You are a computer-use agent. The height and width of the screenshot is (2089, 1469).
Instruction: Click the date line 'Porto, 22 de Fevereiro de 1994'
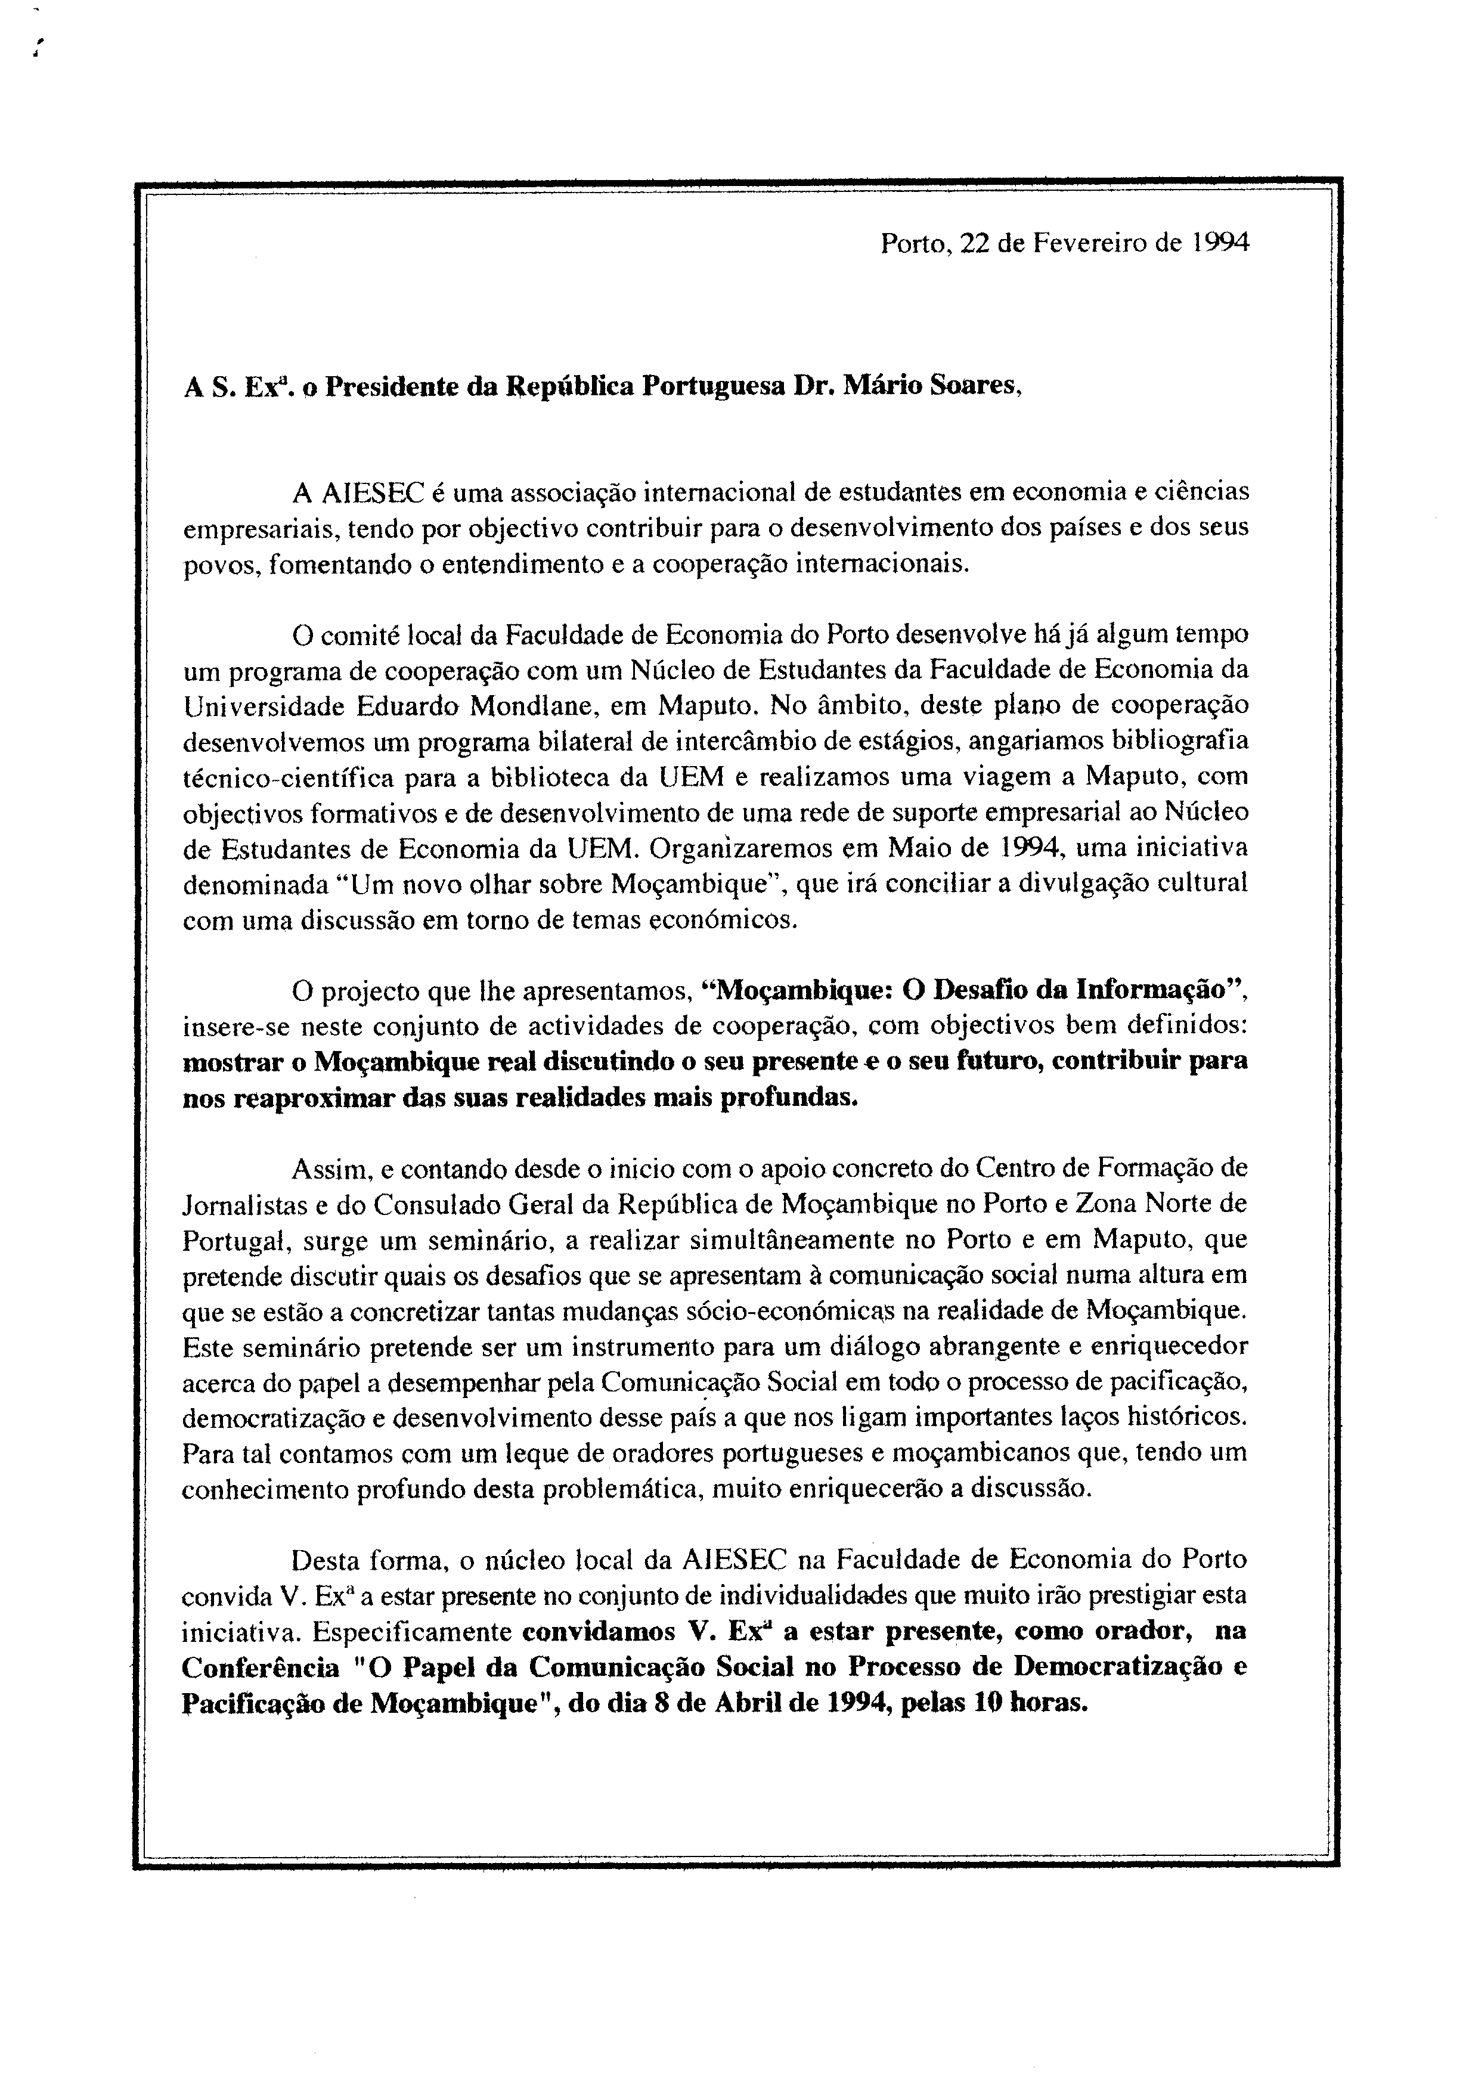click(1064, 244)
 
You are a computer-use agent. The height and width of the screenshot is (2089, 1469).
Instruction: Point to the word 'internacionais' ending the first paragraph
click(869, 564)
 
